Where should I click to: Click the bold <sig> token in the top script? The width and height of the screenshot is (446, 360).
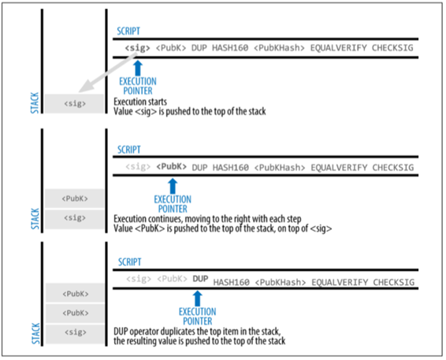click(x=137, y=48)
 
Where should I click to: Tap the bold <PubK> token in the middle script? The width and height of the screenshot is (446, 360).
click(x=172, y=166)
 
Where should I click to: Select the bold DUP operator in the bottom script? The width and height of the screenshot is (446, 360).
click(x=200, y=279)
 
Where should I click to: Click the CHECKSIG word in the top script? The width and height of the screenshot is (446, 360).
click(x=392, y=48)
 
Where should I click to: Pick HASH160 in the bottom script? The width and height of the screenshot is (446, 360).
click(x=231, y=282)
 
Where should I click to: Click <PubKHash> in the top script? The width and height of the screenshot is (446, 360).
click(x=279, y=48)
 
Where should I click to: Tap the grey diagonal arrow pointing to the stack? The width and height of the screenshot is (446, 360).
click(x=107, y=72)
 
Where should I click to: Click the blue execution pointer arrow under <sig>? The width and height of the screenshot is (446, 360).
click(x=138, y=68)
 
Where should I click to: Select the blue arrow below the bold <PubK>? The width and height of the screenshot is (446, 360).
click(x=173, y=186)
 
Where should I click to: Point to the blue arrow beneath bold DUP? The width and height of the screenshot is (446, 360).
click(x=198, y=299)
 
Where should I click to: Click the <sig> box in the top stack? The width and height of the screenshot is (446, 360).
click(x=75, y=103)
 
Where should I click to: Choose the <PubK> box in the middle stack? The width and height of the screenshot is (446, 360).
click(x=75, y=199)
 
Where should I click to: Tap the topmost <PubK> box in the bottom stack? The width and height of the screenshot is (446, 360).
click(x=76, y=293)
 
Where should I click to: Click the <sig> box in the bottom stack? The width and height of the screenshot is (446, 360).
click(x=76, y=333)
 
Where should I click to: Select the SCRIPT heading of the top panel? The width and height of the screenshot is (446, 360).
click(x=128, y=31)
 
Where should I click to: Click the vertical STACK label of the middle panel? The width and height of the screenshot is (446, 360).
click(x=35, y=219)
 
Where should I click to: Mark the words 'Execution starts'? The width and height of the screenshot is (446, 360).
click(x=140, y=102)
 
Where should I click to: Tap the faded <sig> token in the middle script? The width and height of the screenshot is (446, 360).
click(x=138, y=166)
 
